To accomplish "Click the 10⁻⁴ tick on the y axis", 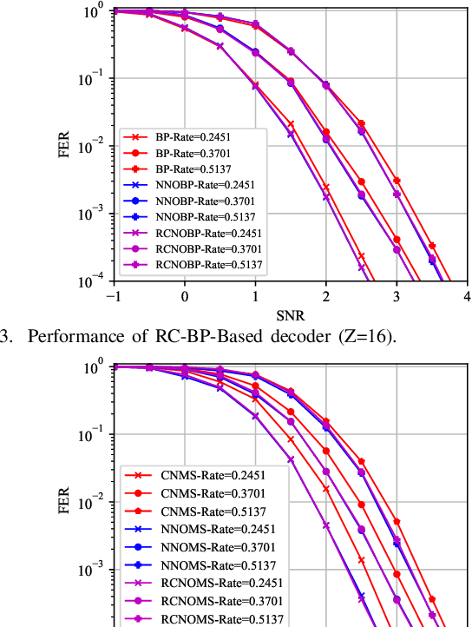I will coord(89,280).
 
